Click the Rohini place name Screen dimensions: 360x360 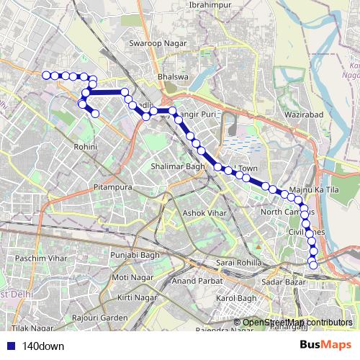point(85,146)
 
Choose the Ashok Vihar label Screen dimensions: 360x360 point(204,213)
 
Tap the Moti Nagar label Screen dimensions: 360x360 point(130,277)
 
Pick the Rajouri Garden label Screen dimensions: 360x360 point(104,318)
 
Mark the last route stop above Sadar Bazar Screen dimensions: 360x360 point(313,266)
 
